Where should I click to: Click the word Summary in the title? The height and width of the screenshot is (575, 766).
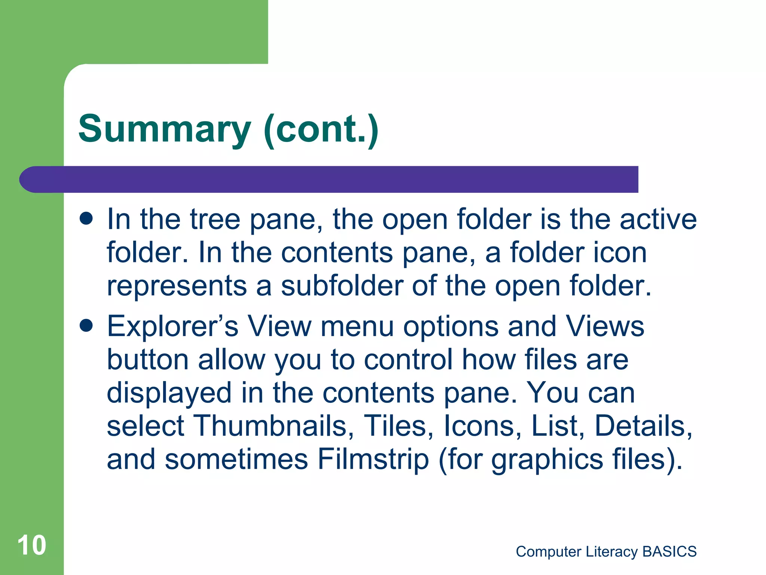coord(165,129)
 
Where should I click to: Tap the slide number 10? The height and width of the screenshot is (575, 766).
coord(32,545)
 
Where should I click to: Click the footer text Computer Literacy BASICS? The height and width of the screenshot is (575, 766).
coord(606,551)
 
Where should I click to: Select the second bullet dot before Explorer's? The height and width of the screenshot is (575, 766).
coord(86,325)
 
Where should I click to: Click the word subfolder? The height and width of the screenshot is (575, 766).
coord(342,286)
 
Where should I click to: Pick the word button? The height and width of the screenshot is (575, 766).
coord(148,360)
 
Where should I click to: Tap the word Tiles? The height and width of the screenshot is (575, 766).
coord(398,426)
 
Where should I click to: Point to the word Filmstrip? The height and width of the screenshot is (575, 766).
coord(373,460)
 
